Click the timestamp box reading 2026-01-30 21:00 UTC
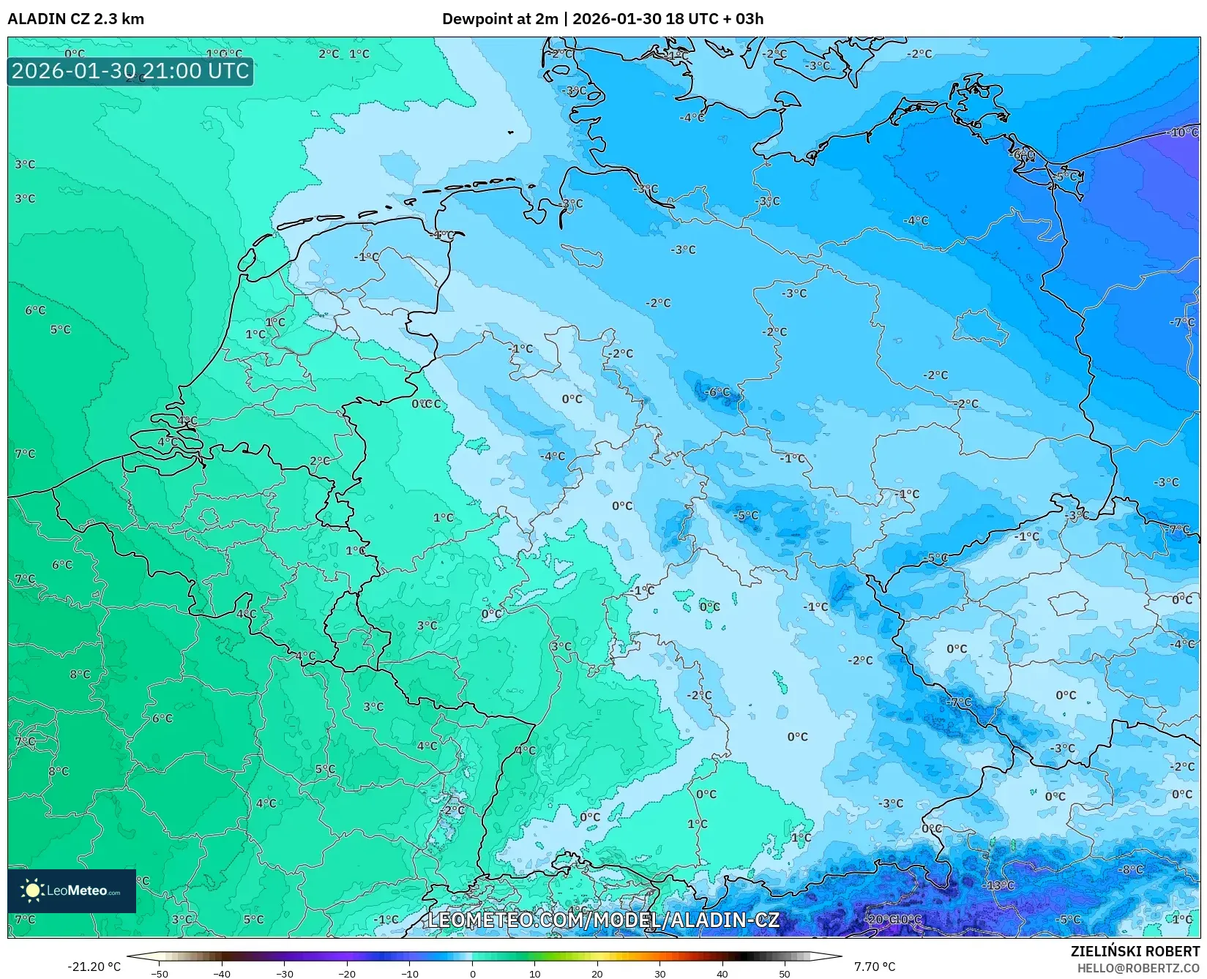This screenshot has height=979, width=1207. click(x=130, y=71)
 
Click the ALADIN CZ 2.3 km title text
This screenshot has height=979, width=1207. click(x=75, y=19)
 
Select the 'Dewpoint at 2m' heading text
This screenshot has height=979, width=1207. click(x=500, y=19)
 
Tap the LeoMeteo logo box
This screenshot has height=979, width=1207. click(x=72, y=890)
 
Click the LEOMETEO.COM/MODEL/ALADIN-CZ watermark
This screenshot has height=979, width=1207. click(x=603, y=920)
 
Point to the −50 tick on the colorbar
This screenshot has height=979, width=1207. click(x=160, y=973)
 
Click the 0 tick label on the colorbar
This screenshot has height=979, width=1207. click(x=472, y=973)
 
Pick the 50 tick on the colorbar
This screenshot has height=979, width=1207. click(x=785, y=973)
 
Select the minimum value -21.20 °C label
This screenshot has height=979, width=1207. click(x=94, y=967)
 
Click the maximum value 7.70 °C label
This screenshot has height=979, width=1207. click(x=874, y=967)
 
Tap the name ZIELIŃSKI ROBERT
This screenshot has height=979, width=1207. click(x=1135, y=951)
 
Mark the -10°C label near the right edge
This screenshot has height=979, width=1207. click(x=1184, y=132)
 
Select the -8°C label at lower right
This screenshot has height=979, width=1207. click(x=1131, y=869)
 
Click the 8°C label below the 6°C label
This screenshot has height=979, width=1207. click(x=80, y=674)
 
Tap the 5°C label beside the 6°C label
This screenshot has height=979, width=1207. click(x=60, y=329)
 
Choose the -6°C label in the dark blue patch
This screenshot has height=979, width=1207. click(x=717, y=392)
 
